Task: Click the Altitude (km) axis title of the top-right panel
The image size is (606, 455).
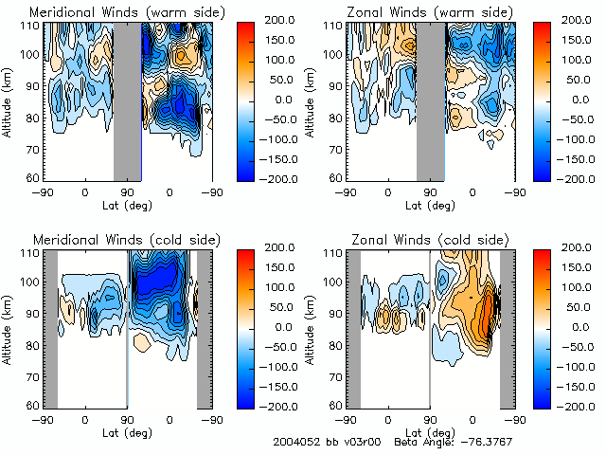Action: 312,100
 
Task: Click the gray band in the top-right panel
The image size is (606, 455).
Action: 431,100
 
